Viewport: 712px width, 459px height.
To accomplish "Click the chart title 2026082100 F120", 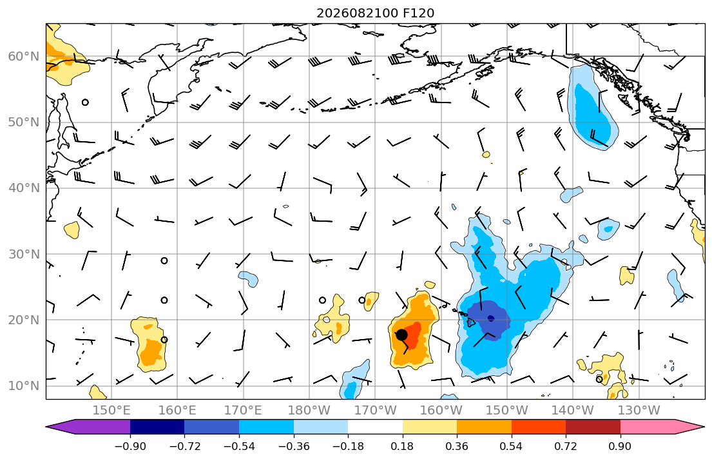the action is tap(375, 13).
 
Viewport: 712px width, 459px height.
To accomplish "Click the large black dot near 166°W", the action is tap(401, 335).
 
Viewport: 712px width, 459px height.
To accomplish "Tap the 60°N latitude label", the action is tap(24, 56).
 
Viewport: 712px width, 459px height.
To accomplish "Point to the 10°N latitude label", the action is tap(24, 386).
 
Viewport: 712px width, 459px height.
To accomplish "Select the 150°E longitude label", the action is tap(111, 411).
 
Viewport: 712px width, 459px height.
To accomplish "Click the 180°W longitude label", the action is tap(309, 411).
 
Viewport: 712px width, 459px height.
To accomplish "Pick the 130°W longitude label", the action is tap(639, 411).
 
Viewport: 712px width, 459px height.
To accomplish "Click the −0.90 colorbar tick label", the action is tap(130, 446).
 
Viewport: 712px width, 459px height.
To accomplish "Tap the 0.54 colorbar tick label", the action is tap(512, 446).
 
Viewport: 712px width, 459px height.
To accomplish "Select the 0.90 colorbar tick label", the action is tap(621, 446).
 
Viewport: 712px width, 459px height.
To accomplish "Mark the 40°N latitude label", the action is tap(24, 188).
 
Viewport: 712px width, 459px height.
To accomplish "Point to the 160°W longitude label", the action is tap(441, 411).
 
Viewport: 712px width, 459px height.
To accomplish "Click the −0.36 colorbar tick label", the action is tap(293, 446).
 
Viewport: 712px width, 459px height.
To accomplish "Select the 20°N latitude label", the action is tap(24, 320).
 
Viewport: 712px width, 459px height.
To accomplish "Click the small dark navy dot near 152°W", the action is tap(491, 318).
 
